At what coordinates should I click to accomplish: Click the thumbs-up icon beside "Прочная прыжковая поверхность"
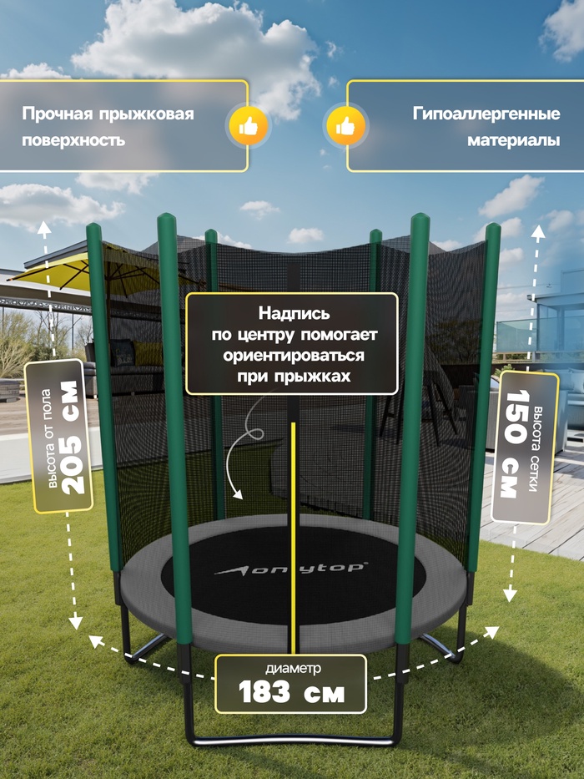click(249, 127)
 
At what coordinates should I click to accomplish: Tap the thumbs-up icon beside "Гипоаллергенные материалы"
click(345, 127)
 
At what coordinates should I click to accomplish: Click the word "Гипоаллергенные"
click(486, 114)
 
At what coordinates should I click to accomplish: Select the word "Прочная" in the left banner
click(58, 114)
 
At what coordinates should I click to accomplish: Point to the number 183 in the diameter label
click(264, 691)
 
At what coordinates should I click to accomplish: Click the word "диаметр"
click(293, 668)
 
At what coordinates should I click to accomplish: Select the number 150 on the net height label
click(515, 417)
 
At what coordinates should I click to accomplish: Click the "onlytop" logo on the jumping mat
click(291, 569)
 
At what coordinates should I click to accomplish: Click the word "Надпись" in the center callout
click(294, 313)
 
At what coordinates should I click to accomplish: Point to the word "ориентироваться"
click(294, 356)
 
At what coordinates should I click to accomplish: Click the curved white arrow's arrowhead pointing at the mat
click(238, 494)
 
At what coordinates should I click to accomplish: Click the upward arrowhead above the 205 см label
click(44, 228)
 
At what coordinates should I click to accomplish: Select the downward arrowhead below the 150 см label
click(510, 594)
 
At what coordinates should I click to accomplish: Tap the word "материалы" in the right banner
click(513, 140)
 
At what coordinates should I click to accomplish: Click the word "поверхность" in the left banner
click(73, 140)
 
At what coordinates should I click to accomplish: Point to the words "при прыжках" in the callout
click(294, 377)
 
